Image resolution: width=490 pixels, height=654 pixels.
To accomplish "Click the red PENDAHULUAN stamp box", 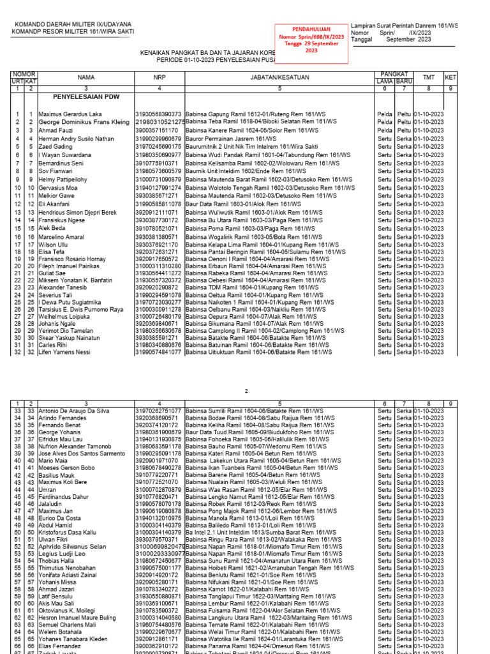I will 311,44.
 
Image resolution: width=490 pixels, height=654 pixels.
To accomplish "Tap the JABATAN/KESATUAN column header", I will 279,77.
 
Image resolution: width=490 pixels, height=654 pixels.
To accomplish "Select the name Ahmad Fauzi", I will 56,130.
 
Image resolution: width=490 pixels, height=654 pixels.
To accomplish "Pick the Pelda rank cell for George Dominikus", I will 385,122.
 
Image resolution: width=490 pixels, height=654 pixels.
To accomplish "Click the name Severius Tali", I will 57,295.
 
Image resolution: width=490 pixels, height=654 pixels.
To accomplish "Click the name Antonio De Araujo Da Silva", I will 74,410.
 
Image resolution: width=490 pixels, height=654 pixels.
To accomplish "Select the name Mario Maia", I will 53,460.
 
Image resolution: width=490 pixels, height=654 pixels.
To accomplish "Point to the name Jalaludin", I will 52,504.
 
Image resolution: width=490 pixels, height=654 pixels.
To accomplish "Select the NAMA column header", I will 85,77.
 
